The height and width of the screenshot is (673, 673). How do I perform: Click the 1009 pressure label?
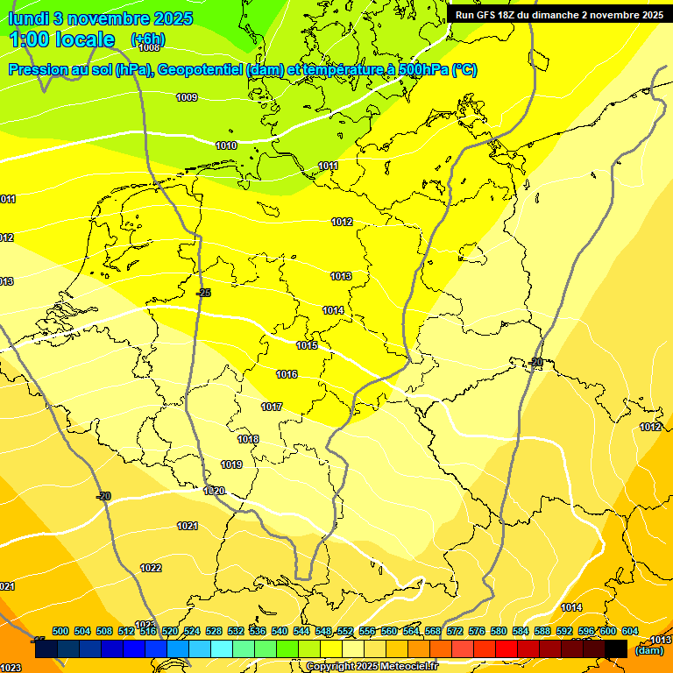(x=187, y=97)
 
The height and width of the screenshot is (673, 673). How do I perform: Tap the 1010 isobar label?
(x=226, y=145)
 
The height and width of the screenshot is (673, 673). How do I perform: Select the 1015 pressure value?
(x=307, y=345)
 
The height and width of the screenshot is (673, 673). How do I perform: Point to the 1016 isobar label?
(x=287, y=374)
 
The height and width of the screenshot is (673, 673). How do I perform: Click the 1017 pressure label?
(x=272, y=407)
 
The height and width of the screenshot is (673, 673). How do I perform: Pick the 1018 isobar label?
(x=248, y=439)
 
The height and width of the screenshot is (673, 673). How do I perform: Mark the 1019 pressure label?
(x=231, y=464)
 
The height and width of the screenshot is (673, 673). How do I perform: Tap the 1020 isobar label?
(x=215, y=491)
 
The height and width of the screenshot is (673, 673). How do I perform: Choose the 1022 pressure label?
(x=151, y=568)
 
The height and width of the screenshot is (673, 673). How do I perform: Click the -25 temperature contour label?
(x=203, y=293)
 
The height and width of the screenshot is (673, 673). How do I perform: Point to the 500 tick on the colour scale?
(x=60, y=631)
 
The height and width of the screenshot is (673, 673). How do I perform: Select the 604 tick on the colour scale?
(x=630, y=631)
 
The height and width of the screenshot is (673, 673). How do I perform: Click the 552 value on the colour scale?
(x=345, y=631)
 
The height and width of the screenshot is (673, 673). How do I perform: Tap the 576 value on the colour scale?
(x=477, y=631)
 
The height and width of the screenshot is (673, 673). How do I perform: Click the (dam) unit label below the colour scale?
(x=648, y=650)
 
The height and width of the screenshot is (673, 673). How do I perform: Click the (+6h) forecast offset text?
(x=147, y=39)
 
